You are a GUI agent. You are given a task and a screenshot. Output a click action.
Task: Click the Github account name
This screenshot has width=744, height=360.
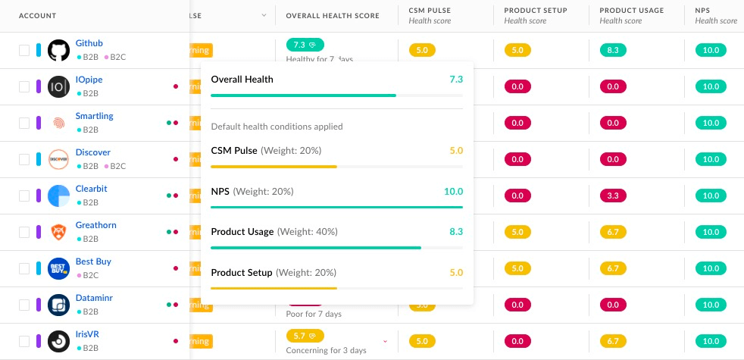(89, 43)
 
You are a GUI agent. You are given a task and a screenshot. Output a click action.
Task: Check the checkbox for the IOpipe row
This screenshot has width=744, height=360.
(24, 86)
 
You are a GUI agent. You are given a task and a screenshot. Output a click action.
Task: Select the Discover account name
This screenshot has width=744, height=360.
(92, 152)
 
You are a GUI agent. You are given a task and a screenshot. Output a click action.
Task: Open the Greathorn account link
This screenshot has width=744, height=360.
(95, 225)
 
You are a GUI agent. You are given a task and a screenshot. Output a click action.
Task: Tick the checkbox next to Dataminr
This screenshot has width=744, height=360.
(24, 305)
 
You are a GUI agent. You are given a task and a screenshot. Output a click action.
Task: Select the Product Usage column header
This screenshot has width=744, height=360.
(631, 11)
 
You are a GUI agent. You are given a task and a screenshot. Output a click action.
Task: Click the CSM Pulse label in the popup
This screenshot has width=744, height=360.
(234, 151)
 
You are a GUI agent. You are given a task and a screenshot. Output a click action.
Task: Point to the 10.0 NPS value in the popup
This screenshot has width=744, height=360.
(453, 191)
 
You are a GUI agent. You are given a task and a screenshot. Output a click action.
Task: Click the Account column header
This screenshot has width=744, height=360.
(37, 16)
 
